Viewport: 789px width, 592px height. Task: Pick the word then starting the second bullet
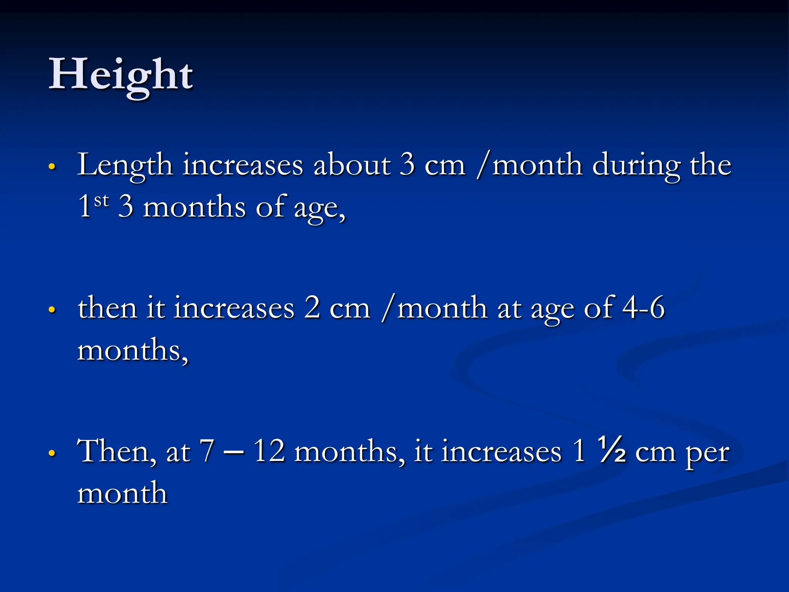click(107, 308)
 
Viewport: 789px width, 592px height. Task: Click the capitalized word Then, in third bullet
click(117, 451)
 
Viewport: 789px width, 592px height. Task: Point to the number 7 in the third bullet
click(207, 451)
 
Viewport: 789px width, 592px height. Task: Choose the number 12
click(269, 451)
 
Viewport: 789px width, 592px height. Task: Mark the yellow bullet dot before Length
click(52, 166)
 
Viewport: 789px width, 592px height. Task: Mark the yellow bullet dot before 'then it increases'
click(52, 309)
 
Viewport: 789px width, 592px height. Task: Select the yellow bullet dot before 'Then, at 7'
click(52, 453)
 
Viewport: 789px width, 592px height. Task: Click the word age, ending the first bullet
click(319, 209)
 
